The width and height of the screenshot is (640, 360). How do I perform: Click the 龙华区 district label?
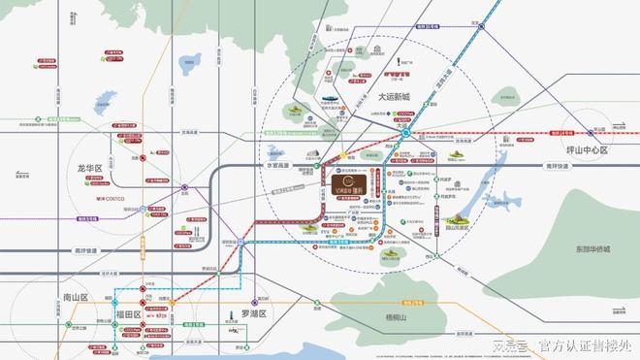pos(89,168)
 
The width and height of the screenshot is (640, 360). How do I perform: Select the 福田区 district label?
pos(129,314)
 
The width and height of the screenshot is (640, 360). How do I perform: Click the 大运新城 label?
pos(395,98)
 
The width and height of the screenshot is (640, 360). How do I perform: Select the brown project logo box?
pos(347,181)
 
